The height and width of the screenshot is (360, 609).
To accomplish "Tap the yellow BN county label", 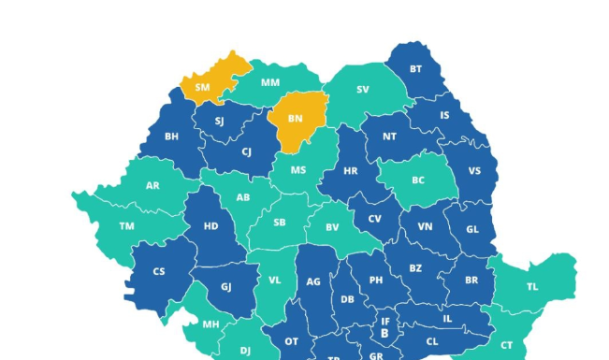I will pyautogui.click(x=296, y=119).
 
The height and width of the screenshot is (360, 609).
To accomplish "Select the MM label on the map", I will pyautogui.click(x=270, y=82).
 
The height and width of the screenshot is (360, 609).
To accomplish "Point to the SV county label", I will pyautogui.click(x=362, y=90).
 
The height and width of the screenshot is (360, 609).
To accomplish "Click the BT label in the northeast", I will pyautogui.click(x=415, y=68).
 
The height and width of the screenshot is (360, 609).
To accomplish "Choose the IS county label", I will pyautogui.click(x=444, y=116).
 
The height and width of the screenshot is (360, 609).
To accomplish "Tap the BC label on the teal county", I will pyautogui.click(x=418, y=180).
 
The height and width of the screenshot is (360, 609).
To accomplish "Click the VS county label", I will pyautogui.click(x=474, y=171).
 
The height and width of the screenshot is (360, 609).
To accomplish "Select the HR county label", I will pyautogui.click(x=351, y=171).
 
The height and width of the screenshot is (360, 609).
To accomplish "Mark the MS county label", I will pyautogui.click(x=298, y=170).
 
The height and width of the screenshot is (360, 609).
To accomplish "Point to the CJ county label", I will pyautogui.click(x=246, y=151).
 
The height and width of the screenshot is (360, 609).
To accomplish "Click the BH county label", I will pyautogui.click(x=172, y=136).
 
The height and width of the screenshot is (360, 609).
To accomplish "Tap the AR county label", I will pyautogui.click(x=152, y=185).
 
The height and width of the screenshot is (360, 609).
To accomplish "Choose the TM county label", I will pyautogui.click(x=126, y=226).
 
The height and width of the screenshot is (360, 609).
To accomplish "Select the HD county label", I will pyautogui.click(x=211, y=226).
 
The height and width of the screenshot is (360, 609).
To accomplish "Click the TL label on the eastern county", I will pyautogui.click(x=532, y=286).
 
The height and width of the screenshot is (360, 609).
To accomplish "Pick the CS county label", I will pyautogui.click(x=158, y=271).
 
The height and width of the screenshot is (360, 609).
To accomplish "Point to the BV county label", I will pyautogui.click(x=332, y=227).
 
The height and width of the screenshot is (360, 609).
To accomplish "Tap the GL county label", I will pyautogui.click(x=471, y=229).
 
